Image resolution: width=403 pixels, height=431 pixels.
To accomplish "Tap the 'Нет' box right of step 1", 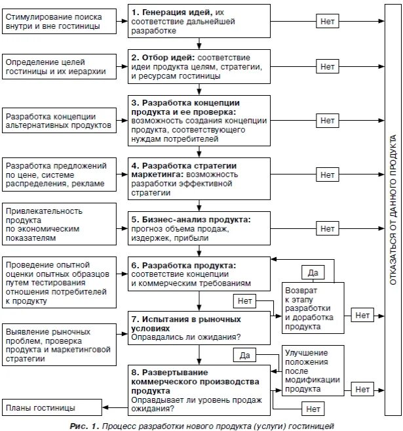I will click(x=327, y=21).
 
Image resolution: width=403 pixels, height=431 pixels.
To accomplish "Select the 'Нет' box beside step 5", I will click(x=327, y=228).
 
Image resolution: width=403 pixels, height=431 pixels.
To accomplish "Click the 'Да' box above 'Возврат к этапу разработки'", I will click(x=312, y=271).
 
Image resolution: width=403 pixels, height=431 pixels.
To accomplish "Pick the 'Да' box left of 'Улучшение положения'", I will click(x=244, y=355).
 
